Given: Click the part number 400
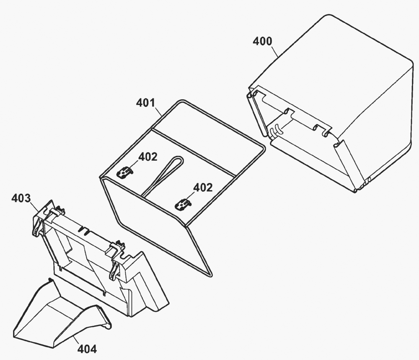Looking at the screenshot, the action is (263, 42).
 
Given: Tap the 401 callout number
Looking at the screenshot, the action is (145, 103).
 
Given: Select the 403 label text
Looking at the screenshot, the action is (21, 198).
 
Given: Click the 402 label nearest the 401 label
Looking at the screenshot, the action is (148, 157).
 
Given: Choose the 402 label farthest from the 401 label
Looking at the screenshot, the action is (203, 188).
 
